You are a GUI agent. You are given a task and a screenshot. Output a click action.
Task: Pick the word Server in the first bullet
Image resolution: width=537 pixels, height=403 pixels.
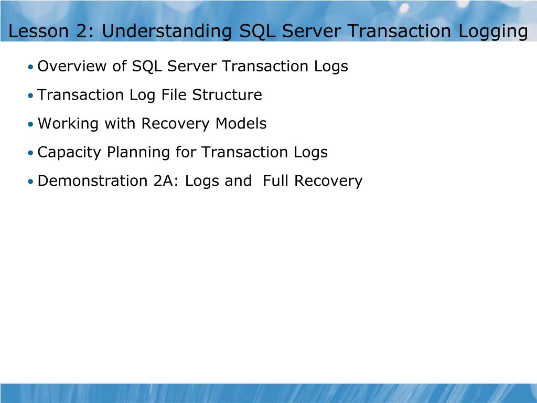[192, 67]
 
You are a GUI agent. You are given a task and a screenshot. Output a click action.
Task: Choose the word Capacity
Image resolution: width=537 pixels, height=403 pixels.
[70, 153]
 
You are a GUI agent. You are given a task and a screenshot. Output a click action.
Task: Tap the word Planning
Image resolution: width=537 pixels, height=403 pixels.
[138, 153]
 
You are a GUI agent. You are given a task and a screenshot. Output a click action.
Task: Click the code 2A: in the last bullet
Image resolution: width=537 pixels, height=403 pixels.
[167, 181]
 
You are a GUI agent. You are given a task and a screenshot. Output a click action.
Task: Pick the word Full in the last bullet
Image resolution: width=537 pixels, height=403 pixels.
[276, 181]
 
